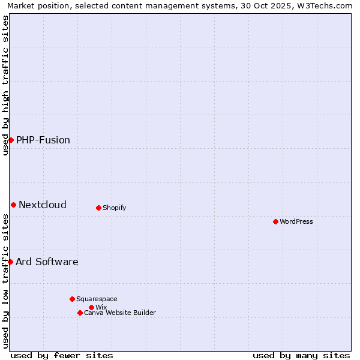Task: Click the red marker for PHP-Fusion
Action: click(11, 140)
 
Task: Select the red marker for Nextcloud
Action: click(13, 205)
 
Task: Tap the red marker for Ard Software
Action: click(10, 262)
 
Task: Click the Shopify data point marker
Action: click(98, 208)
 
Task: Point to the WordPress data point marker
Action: click(275, 221)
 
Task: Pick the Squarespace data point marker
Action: click(72, 299)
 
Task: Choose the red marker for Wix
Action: click(91, 307)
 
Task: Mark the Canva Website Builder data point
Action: click(80, 313)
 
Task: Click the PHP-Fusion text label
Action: click(43, 140)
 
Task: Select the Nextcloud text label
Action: click(43, 205)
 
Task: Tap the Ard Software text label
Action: click(47, 262)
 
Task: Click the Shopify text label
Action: click(114, 208)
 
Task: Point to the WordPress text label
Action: click(296, 222)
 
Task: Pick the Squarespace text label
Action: click(97, 299)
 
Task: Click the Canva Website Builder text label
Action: click(120, 313)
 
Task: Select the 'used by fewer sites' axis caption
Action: click(62, 355)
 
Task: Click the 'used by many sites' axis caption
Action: click(301, 355)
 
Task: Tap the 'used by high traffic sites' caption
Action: click(5, 85)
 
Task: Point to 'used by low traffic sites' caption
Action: click(5, 281)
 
